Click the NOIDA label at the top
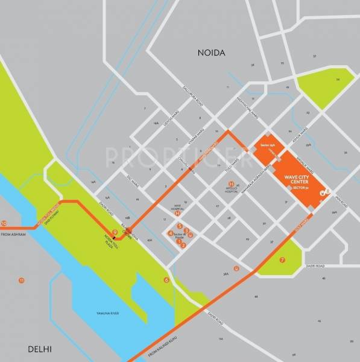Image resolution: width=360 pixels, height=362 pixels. [211, 53]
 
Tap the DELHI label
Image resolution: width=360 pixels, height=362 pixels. [39, 349]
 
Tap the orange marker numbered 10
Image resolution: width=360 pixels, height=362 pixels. [4, 222]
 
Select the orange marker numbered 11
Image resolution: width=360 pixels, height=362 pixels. [22, 281]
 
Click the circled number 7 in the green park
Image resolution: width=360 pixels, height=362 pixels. [282, 260]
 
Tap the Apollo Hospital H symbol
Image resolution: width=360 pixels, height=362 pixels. [231, 183]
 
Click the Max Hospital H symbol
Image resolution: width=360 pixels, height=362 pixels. [177, 213]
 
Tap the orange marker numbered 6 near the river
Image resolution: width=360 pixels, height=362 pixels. [166, 280]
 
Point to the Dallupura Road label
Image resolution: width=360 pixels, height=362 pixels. [194, 97]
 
